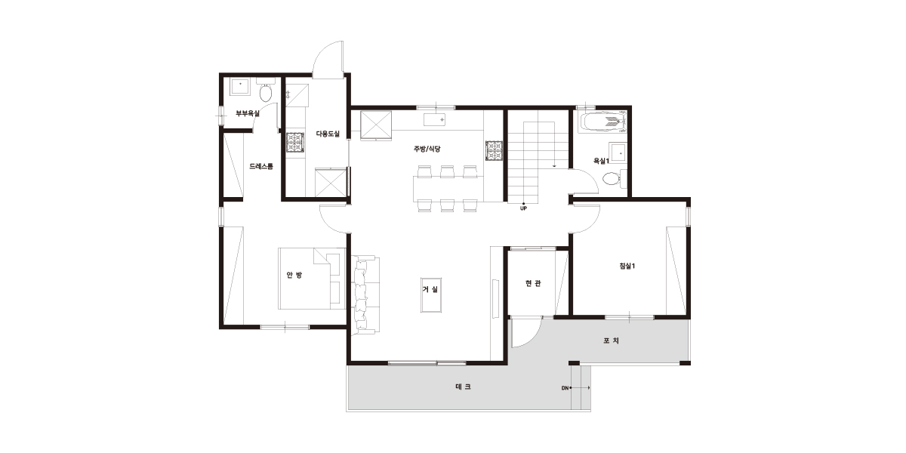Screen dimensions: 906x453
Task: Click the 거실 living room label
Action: pos(430,290)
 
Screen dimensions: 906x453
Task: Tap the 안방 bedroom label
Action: pos(294,275)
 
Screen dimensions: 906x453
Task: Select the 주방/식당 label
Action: pos(427,149)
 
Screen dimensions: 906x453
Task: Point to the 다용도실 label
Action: pos(328,134)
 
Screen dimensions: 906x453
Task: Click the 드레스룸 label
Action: pos(261,166)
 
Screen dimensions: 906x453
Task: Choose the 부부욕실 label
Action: pos(248,114)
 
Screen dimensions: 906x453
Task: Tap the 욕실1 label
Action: pos(601,161)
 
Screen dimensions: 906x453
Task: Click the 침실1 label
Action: pos(627,266)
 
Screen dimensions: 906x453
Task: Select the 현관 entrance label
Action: pos(533,284)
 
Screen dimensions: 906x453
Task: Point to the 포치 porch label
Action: pos(611,341)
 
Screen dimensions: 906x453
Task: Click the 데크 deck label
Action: pos(463,387)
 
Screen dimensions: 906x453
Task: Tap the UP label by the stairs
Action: pos(523,208)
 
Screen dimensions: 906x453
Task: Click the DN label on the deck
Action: pos(565,388)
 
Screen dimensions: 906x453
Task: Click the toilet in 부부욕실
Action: pos(265,93)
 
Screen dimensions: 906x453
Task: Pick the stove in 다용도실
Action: pos(295,143)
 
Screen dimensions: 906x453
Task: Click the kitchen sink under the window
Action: pos(435,120)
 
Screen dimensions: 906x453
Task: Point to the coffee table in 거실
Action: pos(431,295)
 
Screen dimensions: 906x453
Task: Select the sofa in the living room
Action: pos(365,295)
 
